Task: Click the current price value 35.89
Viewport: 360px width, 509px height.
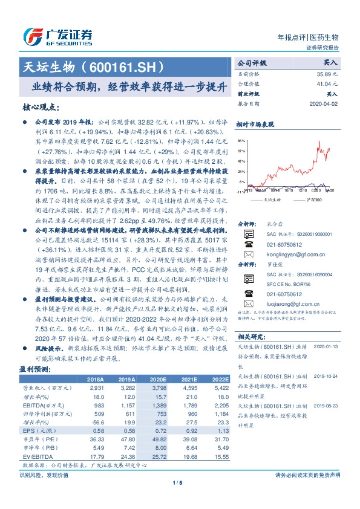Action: tap(327, 73)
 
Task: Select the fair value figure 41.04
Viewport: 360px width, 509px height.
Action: tap(327, 84)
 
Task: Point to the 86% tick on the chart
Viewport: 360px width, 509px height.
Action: tap(242, 139)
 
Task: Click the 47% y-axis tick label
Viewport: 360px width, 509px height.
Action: tap(242, 161)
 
